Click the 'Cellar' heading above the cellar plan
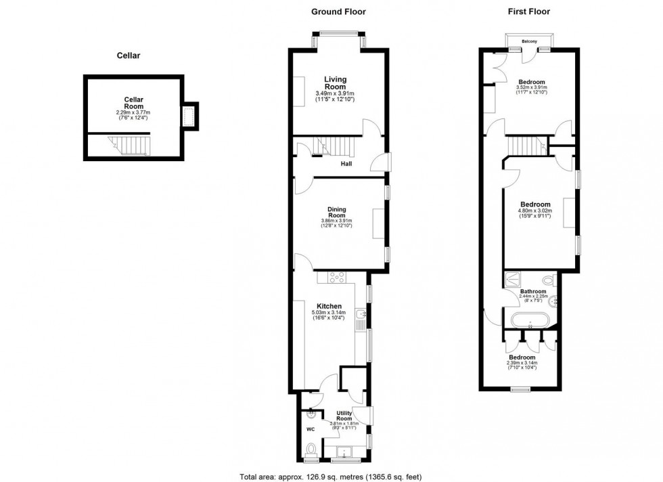click(x=128, y=56)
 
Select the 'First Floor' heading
click(x=528, y=12)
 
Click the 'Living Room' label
click(x=335, y=83)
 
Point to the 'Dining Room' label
click(x=336, y=212)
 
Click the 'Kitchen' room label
click(x=328, y=306)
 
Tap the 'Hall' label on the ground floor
click(x=346, y=164)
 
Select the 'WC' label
click(x=311, y=429)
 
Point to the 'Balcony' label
click(x=529, y=42)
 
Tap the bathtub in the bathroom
click(x=530, y=320)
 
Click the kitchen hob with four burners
click(x=336, y=277)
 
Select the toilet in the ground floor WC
click(x=311, y=449)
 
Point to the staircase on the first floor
click(x=526, y=144)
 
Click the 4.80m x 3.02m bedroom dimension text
click(x=534, y=211)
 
